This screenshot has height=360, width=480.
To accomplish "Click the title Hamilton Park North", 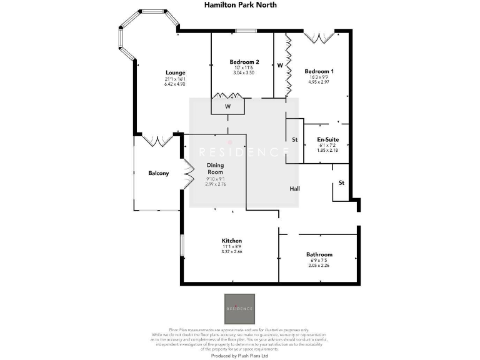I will (x=239, y=5).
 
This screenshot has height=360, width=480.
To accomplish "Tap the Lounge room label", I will (x=174, y=72).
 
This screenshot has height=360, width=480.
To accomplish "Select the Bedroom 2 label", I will (x=244, y=62).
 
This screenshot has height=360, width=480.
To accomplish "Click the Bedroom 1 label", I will (x=319, y=71).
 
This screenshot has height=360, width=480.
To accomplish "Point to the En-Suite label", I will (x=327, y=139).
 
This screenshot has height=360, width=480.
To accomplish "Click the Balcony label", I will (x=158, y=173).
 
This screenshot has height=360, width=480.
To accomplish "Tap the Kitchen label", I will (x=231, y=241).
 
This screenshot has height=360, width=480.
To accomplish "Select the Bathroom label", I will (x=319, y=254).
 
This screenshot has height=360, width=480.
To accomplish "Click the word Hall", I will (x=295, y=188).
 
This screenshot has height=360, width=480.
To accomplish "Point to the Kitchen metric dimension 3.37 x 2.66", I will (x=231, y=252).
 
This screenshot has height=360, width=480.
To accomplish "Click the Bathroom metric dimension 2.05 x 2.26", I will (x=319, y=266).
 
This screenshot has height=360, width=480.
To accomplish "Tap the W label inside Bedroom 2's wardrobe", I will (x=228, y=107).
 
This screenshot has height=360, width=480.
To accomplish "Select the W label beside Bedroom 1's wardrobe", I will (x=280, y=65).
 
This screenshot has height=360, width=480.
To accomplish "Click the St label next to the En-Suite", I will (x=294, y=139).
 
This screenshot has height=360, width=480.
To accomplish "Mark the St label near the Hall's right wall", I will (x=341, y=183).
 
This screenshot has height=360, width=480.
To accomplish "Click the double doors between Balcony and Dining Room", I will (x=187, y=173).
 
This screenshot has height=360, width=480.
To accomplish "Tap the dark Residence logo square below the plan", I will (x=239, y=309).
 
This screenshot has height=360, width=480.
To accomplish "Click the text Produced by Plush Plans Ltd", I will (x=239, y=355).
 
